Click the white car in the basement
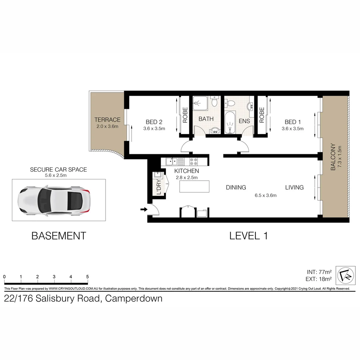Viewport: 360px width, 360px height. tap(54, 200)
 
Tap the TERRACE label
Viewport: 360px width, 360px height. tap(107, 120)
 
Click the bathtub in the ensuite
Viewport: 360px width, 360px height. tap(230, 124)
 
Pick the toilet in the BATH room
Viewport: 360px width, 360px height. tap(214, 101)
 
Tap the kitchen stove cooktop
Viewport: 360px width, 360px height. tap(194, 162)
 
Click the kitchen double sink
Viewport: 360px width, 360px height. tap(172, 162)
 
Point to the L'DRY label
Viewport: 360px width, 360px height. tap(159, 188)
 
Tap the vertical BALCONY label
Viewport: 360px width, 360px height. tap(333, 157)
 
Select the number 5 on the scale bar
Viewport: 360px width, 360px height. tap(87, 277)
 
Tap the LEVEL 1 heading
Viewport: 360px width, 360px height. tap(249, 236)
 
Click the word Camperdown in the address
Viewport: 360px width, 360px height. tap(134, 298)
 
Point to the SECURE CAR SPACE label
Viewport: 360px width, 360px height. tap(58, 170)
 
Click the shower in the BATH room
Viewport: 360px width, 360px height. tap(200, 103)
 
